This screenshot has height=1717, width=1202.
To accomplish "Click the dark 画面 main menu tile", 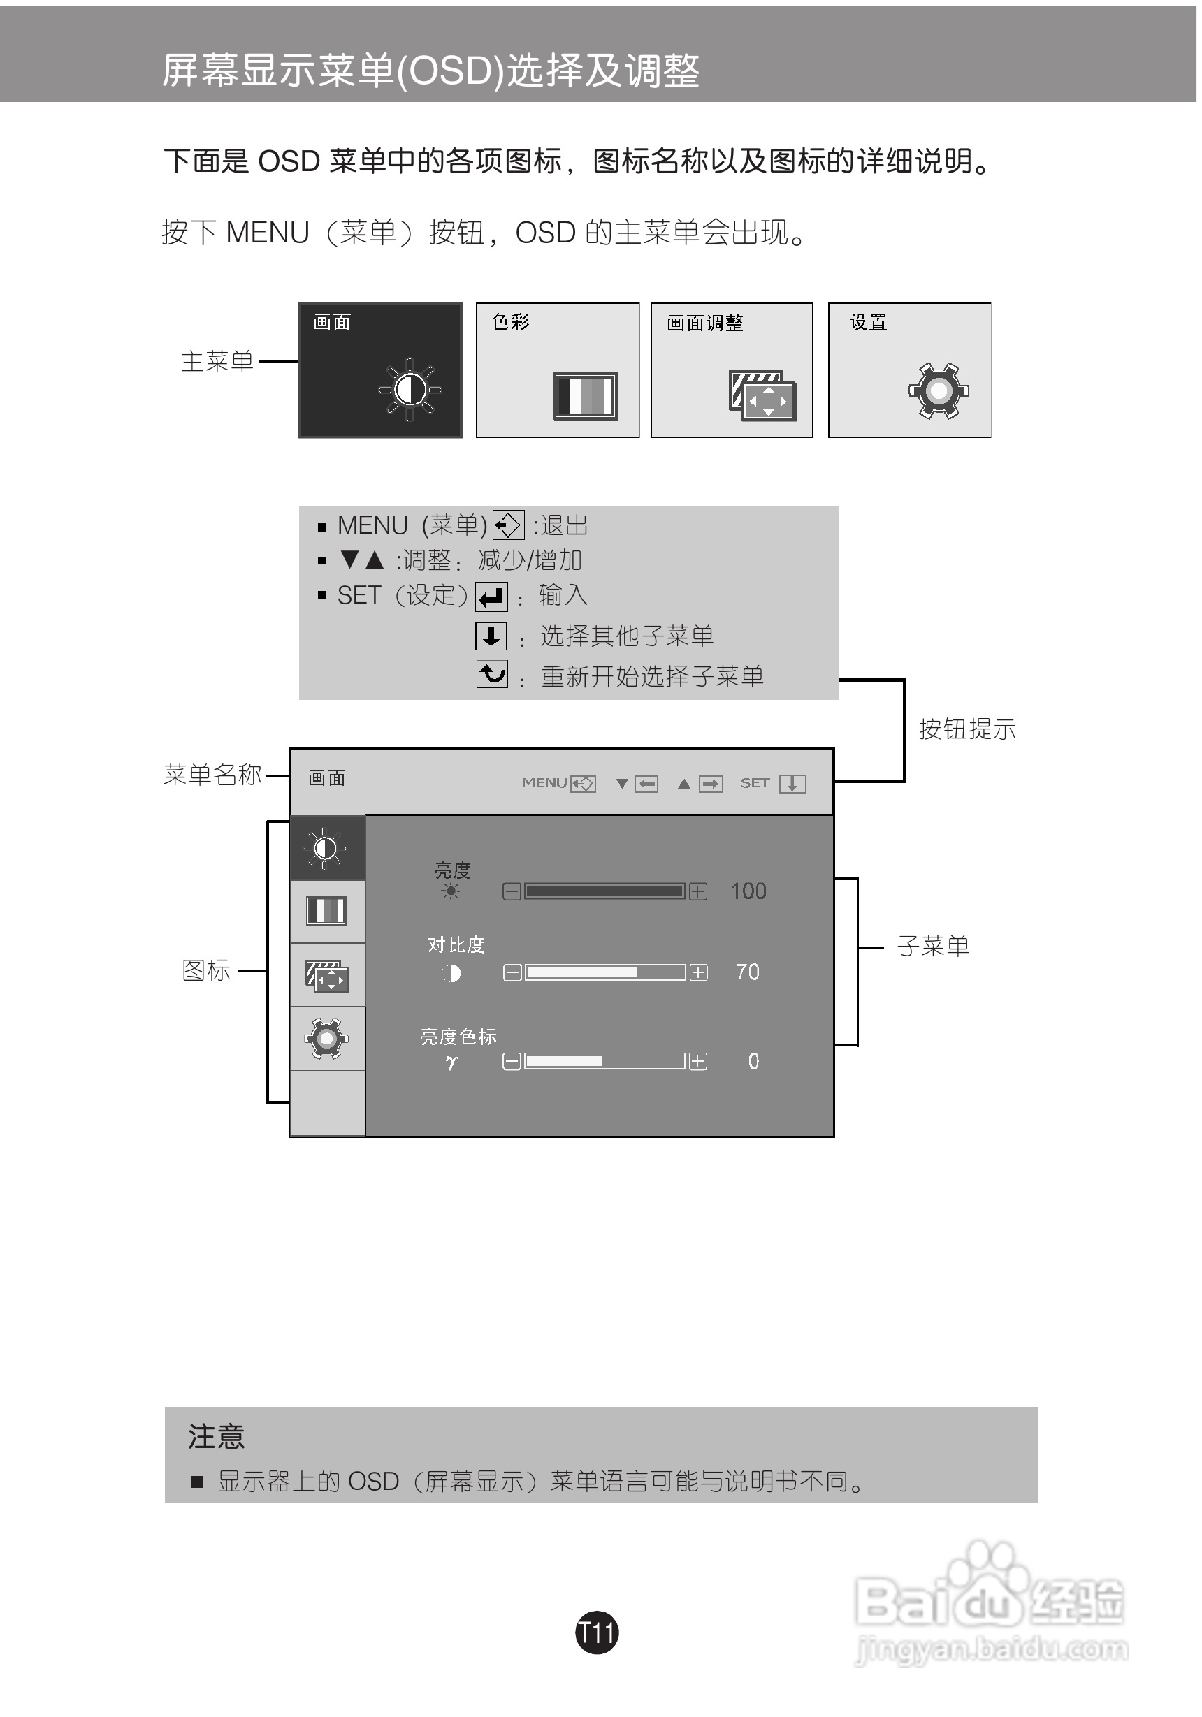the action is point(380,370).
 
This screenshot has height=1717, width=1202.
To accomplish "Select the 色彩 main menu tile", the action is point(557,370).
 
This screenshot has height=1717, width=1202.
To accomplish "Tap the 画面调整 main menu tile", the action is point(732,370).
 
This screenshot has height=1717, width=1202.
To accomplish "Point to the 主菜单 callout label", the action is point(217,361).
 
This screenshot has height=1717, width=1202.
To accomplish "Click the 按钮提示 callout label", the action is point(967,729).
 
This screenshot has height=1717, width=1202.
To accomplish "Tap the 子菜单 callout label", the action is point(933,946).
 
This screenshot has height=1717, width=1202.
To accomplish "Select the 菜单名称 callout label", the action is point(212,774).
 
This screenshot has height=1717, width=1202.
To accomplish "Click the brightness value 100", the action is point(748,891).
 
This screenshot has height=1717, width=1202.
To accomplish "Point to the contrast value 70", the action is point(747,972).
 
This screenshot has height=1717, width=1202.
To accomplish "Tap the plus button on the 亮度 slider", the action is point(698,891).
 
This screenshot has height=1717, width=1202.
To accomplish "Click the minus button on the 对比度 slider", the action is point(512,972).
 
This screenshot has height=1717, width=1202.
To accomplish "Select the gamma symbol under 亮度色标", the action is point(451,1061).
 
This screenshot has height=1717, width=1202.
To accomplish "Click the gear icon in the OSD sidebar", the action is point(327,1038).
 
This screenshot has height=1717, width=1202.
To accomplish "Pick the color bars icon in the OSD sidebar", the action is point(327,911).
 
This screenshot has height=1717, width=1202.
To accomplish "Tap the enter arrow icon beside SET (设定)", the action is point(491,597).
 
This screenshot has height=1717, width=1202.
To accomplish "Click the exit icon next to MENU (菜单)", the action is point(509,525).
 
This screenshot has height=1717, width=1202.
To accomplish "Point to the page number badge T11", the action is point(597,1631).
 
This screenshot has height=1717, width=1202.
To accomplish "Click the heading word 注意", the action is point(216,1437).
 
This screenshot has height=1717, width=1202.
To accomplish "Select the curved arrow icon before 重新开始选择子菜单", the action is point(491,675).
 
